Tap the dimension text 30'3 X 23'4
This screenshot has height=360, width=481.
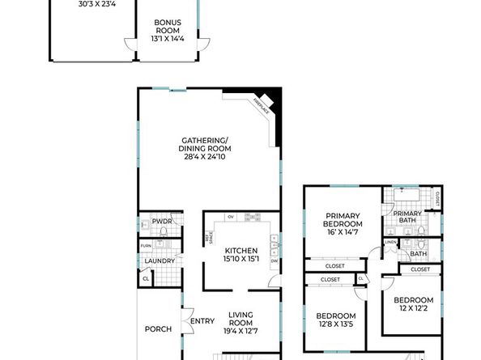click(x=96, y=4)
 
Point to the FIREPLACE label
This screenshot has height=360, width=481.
click(x=262, y=104)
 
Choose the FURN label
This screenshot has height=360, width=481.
click(x=146, y=246)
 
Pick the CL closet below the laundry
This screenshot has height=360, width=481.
click(x=146, y=279)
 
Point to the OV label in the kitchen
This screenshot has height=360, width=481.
click(x=231, y=217)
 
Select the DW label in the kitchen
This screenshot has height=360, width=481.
click(x=275, y=260)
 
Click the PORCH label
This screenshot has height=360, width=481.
click(x=157, y=329)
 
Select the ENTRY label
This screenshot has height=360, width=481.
click(x=202, y=323)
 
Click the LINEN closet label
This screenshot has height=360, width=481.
click(x=390, y=242)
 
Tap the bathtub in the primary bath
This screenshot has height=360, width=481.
click(x=404, y=197)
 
